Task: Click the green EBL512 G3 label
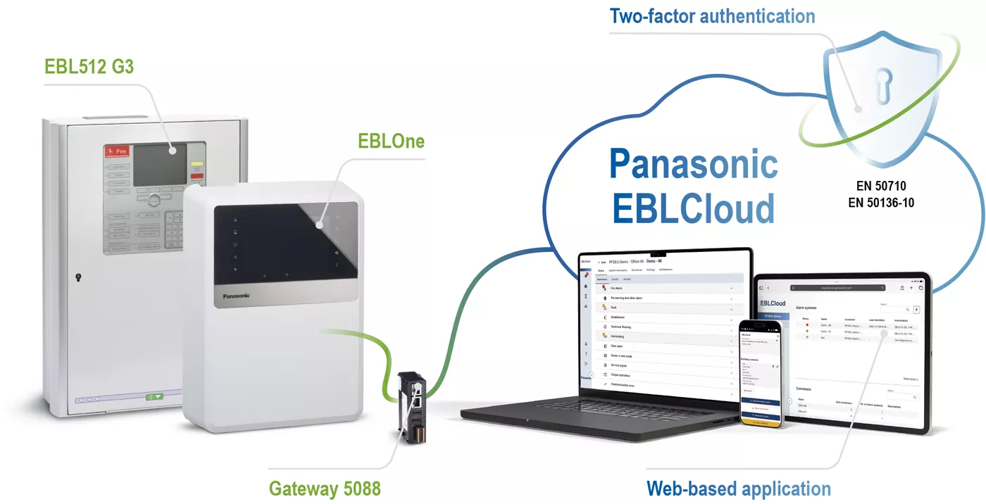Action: [x=89, y=66]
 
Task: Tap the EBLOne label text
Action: [x=391, y=141]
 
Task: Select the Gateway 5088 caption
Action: [x=325, y=488]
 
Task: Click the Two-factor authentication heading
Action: [x=712, y=16]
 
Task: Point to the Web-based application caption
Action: [x=738, y=489]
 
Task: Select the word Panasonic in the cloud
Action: [x=693, y=164]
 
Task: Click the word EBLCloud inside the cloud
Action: [x=693, y=208]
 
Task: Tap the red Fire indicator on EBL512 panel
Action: [x=116, y=151]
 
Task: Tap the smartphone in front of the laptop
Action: [x=761, y=374]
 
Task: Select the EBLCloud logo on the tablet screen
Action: [x=773, y=303]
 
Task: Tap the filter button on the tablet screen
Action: [x=916, y=310]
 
